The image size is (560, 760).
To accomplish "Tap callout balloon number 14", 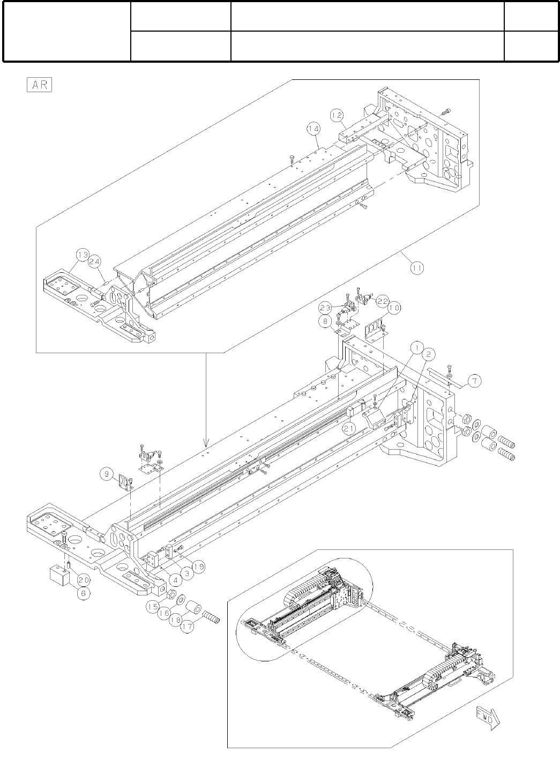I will (x=313, y=129).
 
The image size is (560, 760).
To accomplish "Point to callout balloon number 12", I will (x=336, y=114).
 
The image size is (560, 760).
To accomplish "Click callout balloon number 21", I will (x=350, y=427).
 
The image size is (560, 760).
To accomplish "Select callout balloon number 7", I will (x=474, y=381).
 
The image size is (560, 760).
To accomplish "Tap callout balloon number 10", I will (x=394, y=308).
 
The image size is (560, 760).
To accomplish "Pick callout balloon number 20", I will (x=82, y=579).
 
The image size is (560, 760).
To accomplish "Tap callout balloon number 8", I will (x=326, y=322).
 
